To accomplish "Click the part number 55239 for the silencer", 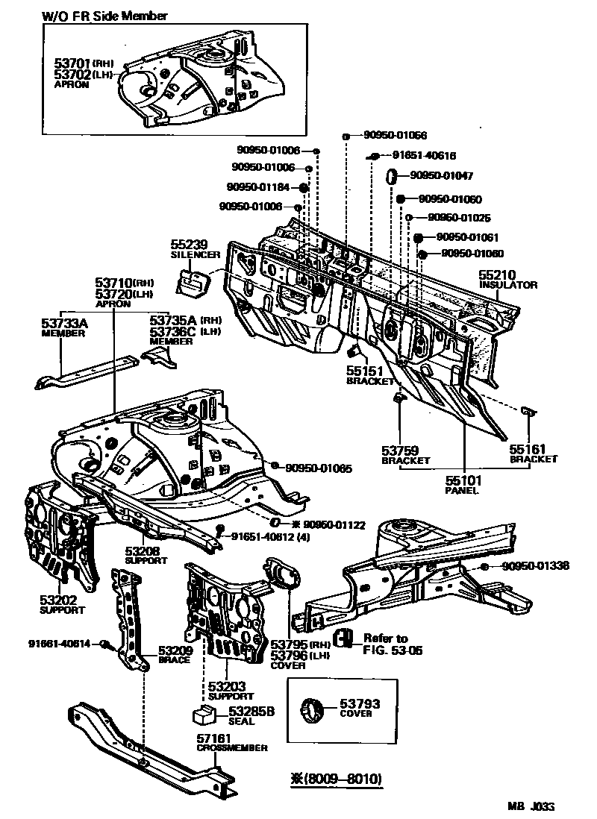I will (x=189, y=244).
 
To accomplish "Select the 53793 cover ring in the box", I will (x=314, y=708).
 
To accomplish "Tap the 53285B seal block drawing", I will (x=204, y=715).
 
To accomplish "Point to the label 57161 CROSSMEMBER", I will (x=231, y=742).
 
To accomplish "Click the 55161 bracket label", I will (x=533, y=454).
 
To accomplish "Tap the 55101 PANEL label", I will (x=463, y=486).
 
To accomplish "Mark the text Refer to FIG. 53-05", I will (x=385, y=644).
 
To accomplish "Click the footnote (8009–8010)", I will (x=337, y=779).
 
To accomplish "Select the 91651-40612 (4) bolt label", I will (x=271, y=536).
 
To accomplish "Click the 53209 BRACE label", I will (x=175, y=654).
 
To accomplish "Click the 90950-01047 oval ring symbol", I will (x=391, y=177).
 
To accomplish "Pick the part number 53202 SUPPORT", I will (x=58, y=603).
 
